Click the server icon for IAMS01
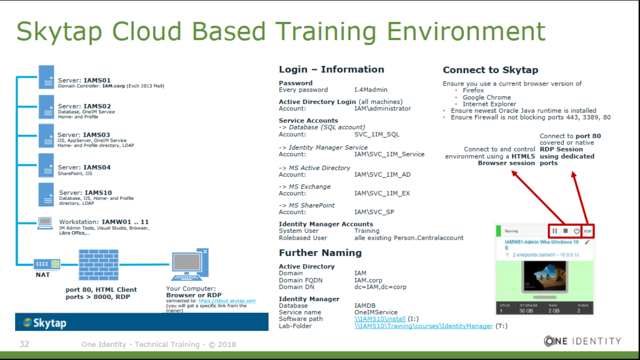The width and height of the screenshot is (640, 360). (46, 77)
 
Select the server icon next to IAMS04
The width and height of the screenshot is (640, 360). (46, 165)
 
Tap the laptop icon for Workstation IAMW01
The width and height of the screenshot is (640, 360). (45, 223)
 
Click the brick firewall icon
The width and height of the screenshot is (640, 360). (98, 265)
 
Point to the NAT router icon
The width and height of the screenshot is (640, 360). (47, 264)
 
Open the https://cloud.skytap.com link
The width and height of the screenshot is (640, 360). (227, 301)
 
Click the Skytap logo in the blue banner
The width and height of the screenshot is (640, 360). (45, 323)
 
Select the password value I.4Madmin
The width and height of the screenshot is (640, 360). (371, 90)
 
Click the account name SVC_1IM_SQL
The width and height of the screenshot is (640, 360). (377, 134)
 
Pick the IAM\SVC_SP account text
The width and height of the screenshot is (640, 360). (374, 212)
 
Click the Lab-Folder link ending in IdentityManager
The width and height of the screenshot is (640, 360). (424, 326)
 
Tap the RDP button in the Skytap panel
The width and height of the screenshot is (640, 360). (588, 231)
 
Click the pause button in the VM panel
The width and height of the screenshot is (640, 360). (554, 231)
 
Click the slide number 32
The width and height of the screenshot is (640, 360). (24, 344)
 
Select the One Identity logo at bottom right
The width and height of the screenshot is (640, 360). (583, 341)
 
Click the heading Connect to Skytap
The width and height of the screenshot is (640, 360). (490, 70)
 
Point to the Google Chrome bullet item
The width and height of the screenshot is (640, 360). (487, 97)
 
